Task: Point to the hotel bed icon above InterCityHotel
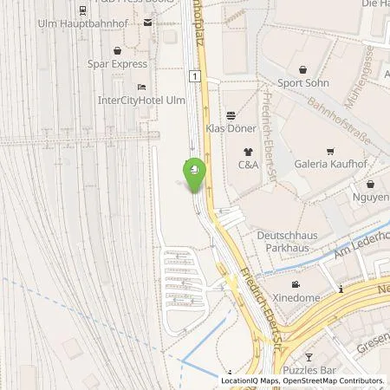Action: [x=141, y=88]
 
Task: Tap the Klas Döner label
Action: [x=230, y=128]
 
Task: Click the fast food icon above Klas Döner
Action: [x=230, y=114]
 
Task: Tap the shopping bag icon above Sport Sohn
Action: [x=302, y=70]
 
